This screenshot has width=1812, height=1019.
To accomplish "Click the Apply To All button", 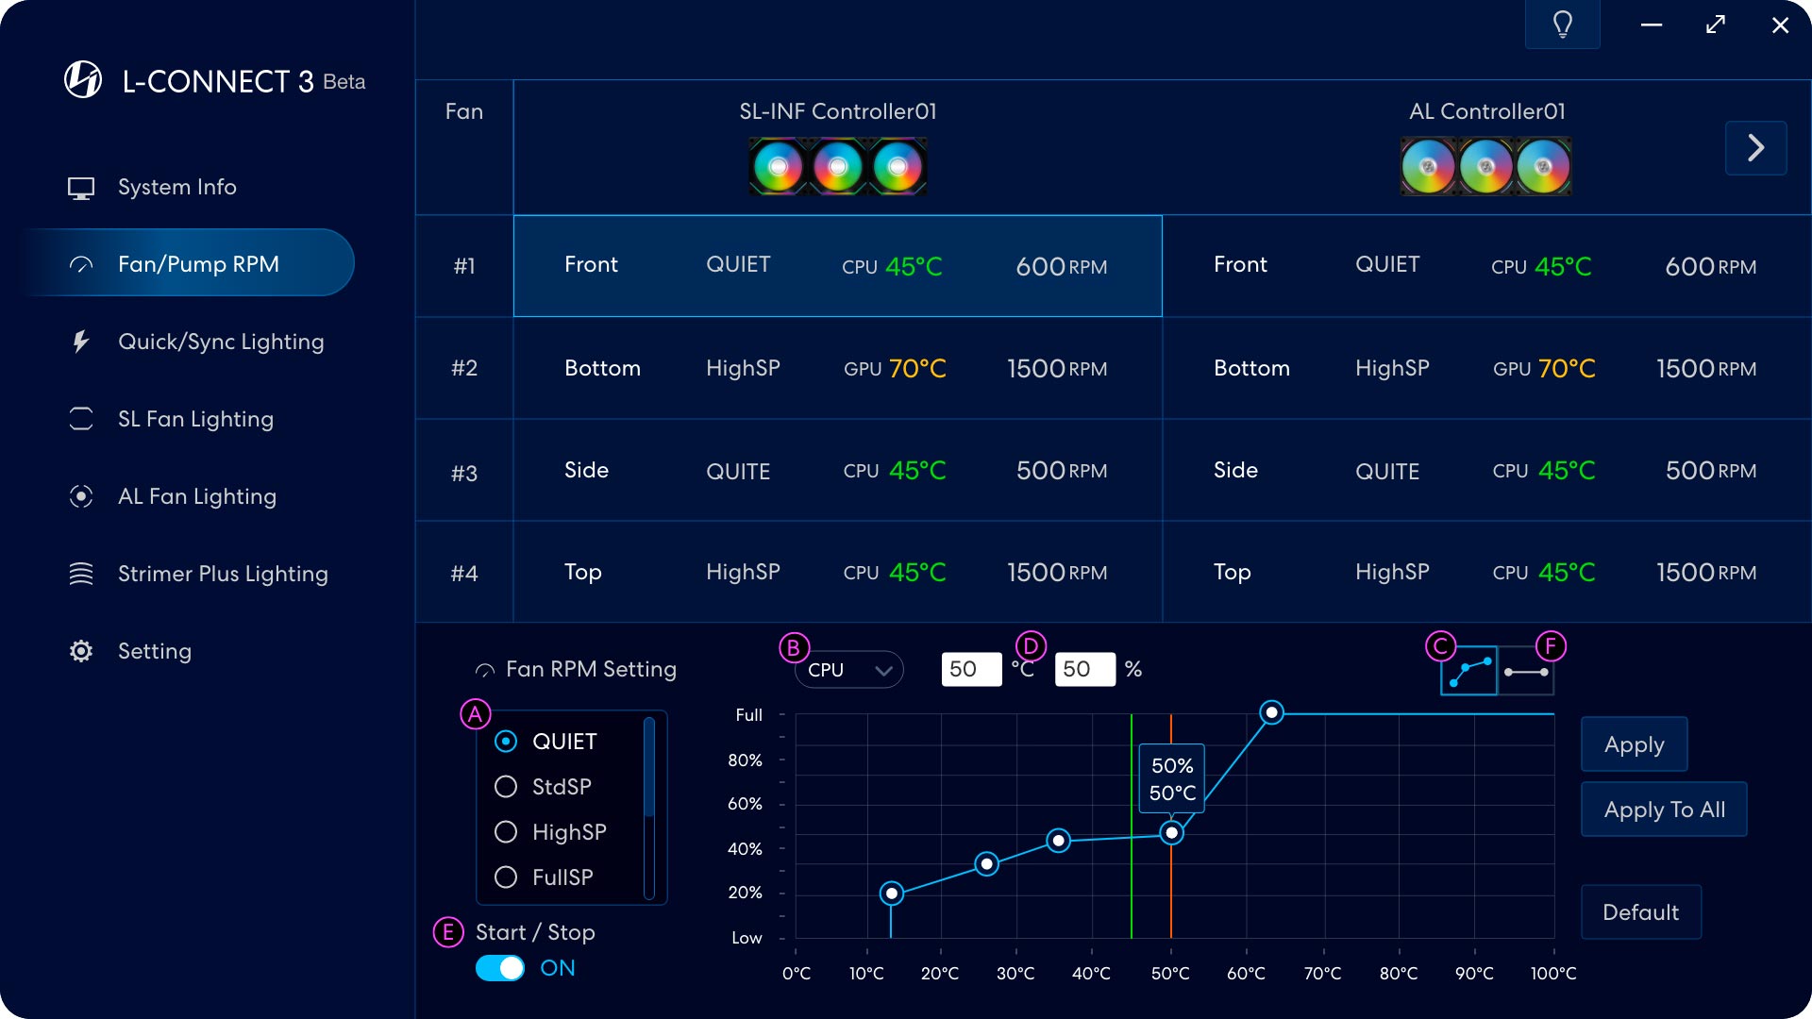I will (1664, 810).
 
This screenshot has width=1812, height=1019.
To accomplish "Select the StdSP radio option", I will (506, 787).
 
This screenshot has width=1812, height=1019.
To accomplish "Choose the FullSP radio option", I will (506, 877).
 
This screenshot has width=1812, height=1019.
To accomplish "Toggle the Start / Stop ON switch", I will (500, 968).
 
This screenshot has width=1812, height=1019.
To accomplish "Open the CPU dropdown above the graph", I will (848, 670).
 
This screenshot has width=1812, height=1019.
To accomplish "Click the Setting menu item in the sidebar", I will (154, 651).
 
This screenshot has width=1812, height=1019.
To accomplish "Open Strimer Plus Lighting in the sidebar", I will (222, 574).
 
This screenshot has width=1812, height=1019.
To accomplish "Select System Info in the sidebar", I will (176, 187).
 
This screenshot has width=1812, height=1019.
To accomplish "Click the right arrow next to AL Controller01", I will (1755, 148).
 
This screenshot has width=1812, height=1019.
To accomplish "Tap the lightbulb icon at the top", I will (1562, 25).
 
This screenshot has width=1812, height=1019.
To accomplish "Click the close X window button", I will (1780, 25).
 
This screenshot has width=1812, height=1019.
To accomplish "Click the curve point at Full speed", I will (1271, 712).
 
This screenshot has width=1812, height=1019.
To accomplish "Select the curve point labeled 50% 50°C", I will (1171, 833).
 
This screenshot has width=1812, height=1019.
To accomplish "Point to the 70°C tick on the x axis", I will (1322, 973).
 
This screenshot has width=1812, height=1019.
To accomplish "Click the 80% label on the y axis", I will (745, 760).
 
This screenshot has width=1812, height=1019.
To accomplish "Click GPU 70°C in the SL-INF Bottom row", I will (895, 368).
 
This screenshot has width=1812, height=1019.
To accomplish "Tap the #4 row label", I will (463, 573).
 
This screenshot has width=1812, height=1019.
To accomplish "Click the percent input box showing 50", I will (1084, 670).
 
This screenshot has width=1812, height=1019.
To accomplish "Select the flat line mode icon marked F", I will (1526, 672).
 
